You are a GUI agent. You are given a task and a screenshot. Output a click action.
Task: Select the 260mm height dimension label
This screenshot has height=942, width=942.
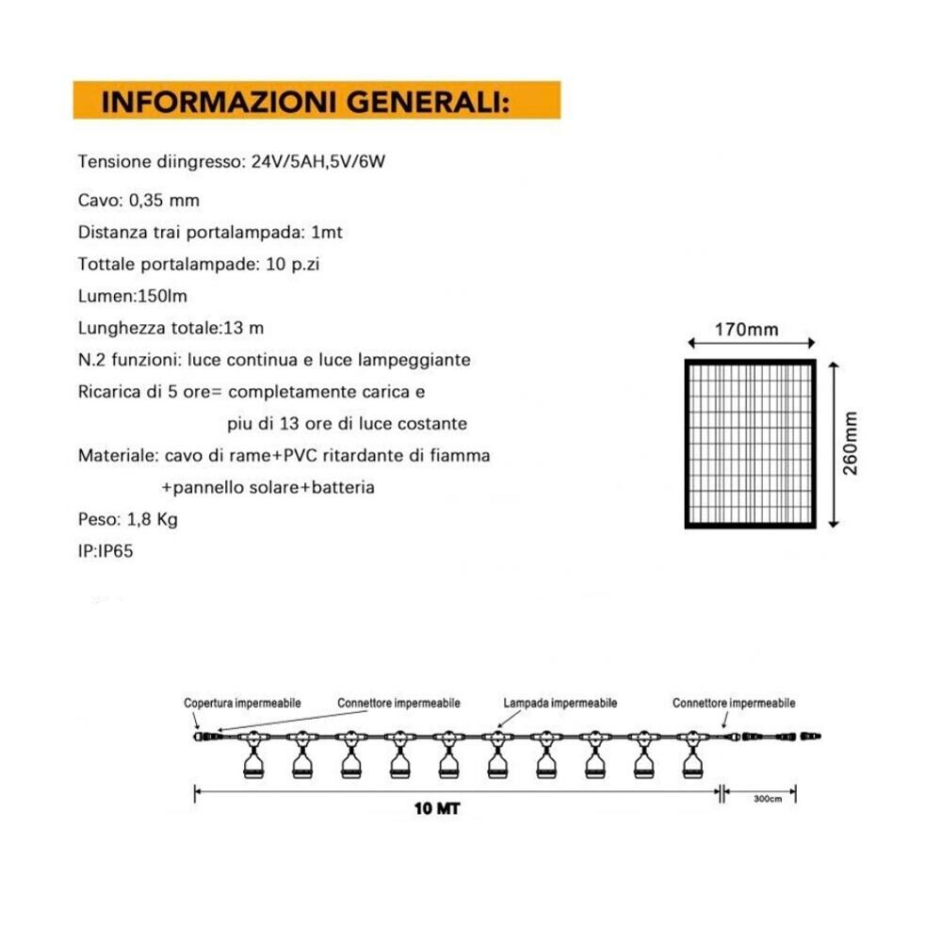point(852,443)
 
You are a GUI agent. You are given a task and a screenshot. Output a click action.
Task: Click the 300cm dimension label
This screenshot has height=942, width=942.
point(768,800)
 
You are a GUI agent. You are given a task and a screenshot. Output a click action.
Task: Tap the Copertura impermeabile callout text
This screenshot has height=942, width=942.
point(242,704)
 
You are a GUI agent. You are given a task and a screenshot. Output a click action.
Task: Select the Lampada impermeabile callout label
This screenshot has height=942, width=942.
point(560,704)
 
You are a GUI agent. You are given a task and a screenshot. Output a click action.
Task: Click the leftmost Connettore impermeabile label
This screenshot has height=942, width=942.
point(399,704)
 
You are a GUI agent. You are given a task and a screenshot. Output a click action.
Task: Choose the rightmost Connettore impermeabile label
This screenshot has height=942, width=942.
point(734,704)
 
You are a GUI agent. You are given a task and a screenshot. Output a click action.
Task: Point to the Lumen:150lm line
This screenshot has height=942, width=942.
point(133,297)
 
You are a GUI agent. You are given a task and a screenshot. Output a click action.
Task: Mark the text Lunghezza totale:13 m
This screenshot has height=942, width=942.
point(171,329)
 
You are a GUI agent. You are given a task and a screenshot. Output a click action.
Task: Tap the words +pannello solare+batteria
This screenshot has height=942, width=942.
point(268,487)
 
